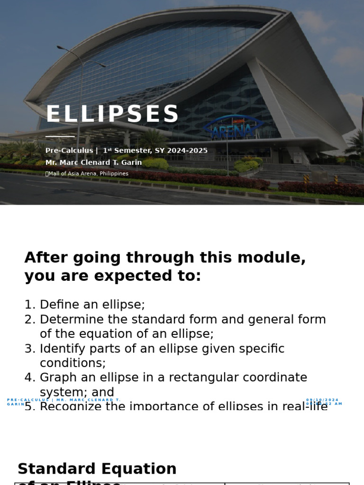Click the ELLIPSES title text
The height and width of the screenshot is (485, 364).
click(112, 115)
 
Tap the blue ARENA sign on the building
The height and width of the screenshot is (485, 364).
click(232, 128)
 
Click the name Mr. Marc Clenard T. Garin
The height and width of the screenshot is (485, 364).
click(93, 162)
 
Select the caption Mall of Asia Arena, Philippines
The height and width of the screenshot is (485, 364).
click(88, 174)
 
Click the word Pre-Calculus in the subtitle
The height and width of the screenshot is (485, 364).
click(69, 151)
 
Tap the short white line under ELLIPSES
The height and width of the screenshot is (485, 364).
click(60, 136)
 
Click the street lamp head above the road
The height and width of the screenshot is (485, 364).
click(61, 47)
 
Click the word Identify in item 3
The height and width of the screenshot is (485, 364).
click(59, 349)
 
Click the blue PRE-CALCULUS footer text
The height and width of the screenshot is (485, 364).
click(28, 400)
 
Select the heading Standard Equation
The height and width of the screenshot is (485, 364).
click(97, 469)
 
